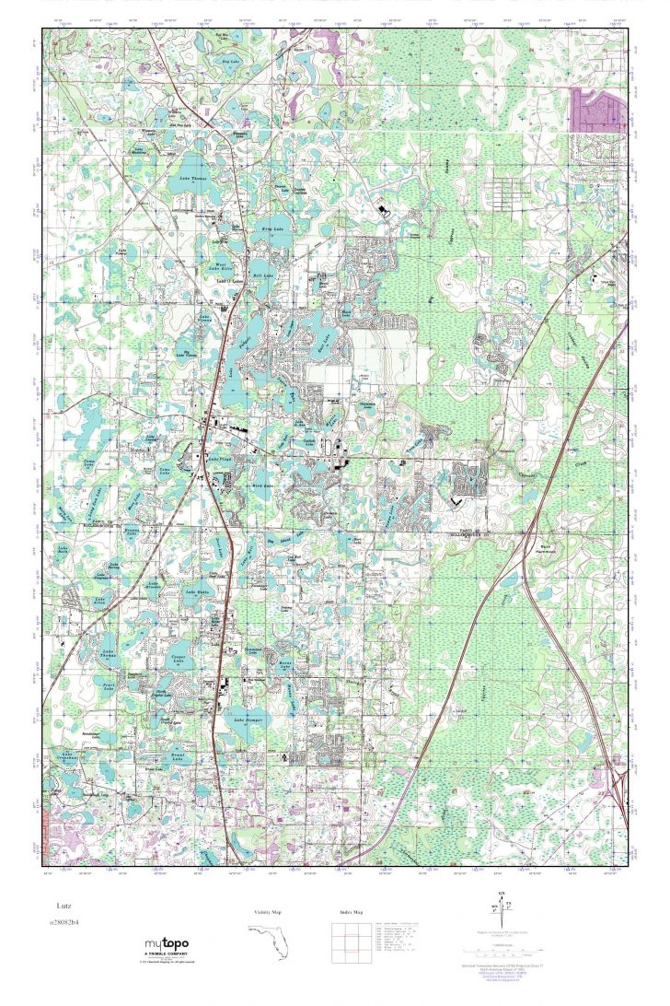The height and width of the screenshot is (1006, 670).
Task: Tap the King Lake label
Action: click(273, 227)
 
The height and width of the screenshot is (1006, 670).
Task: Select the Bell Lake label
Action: click(264, 275)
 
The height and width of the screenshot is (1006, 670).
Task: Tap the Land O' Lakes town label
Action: click(230, 282)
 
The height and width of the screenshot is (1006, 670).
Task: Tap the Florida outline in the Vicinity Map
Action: click(267, 939)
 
